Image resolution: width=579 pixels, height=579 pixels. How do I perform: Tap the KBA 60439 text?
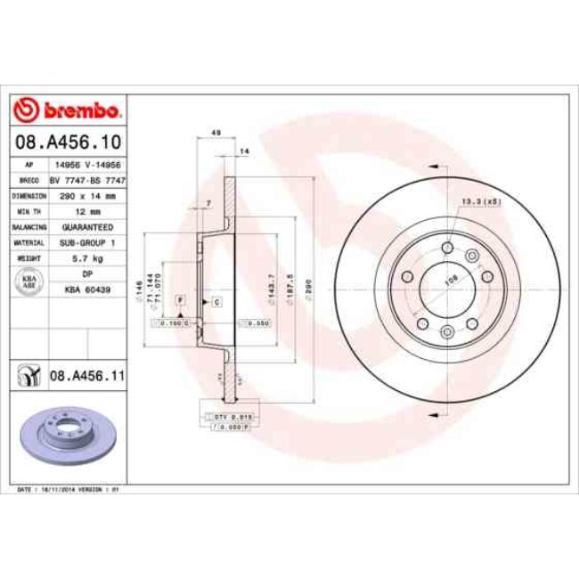point(87,289)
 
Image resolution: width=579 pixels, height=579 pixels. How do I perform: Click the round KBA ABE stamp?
point(29,281)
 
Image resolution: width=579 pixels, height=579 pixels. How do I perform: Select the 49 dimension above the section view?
point(215,134)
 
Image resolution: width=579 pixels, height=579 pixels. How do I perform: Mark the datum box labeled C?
point(216,302)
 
